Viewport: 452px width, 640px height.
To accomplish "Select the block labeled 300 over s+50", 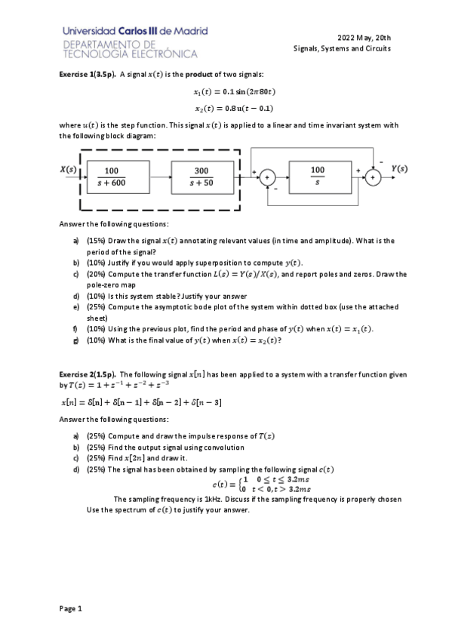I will [201, 176].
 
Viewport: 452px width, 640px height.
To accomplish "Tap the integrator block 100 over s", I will [317, 176].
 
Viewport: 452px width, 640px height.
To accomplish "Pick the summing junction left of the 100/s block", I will [266, 179].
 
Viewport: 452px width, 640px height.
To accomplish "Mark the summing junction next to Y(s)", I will [372, 179].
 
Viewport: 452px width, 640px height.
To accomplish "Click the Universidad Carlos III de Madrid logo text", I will [136, 31].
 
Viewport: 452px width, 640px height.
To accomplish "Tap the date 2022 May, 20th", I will [364, 38].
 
